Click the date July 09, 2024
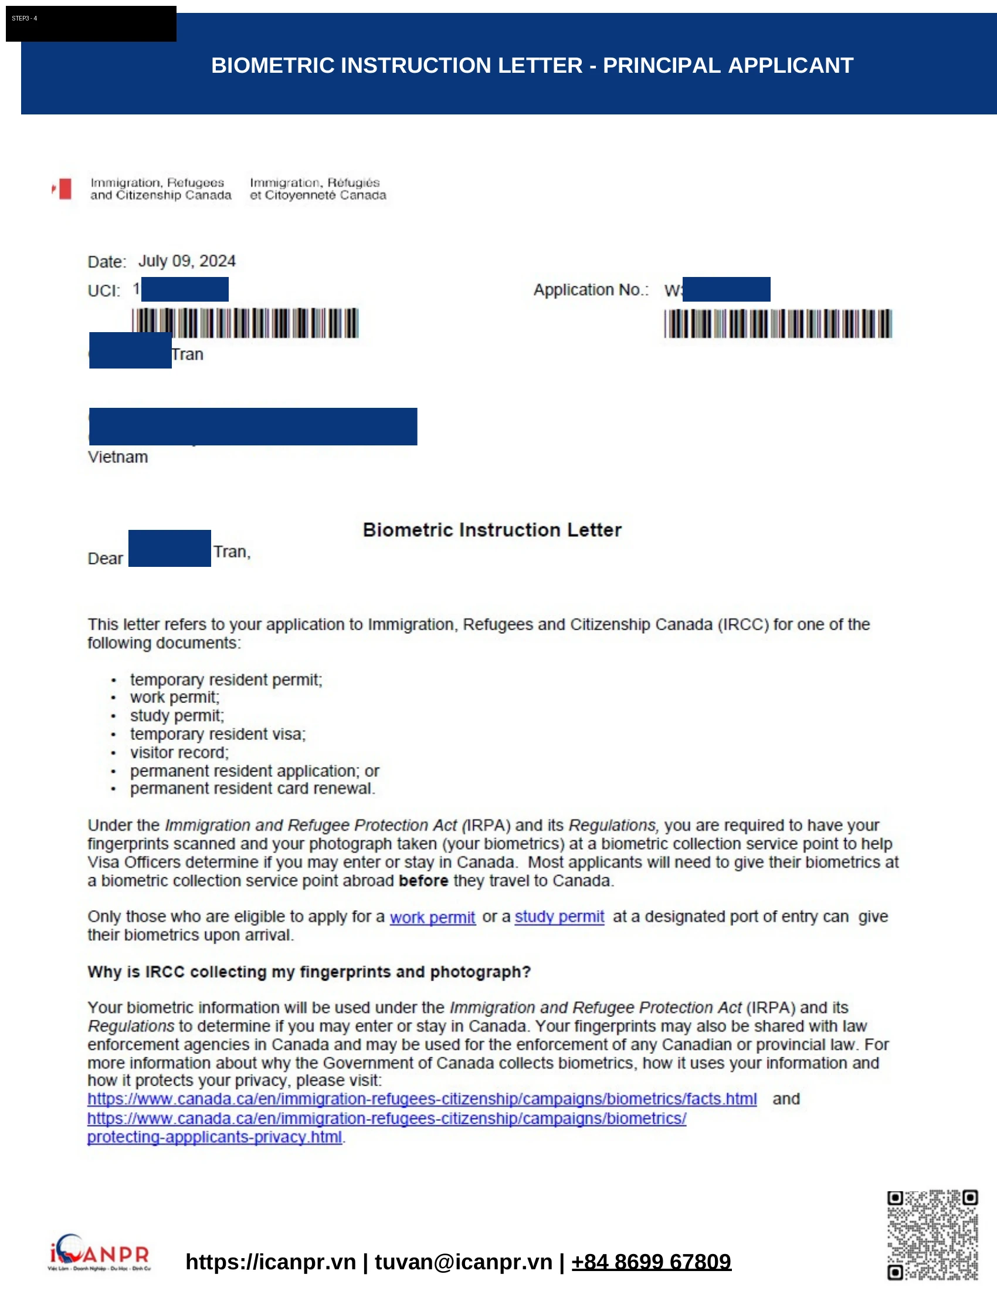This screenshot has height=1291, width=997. click(186, 261)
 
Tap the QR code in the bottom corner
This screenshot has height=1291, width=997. click(932, 1234)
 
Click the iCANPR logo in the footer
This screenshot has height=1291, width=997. click(99, 1252)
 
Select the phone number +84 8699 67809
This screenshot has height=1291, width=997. click(651, 1262)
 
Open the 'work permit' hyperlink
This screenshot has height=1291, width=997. click(432, 917)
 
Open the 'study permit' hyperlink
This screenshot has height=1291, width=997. click(559, 917)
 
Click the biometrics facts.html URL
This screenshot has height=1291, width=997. click(422, 1099)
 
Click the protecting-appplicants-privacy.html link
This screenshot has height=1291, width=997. click(215, 1137)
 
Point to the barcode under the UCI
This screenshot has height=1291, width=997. click(245, 323)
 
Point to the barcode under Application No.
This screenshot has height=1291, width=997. click(778, 324)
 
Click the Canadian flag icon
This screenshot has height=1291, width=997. click(62, 189)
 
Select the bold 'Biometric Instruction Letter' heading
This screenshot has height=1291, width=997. click(492, 530)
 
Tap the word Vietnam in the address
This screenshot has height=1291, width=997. click(117, 457)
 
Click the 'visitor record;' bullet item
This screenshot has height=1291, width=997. click(179, 752)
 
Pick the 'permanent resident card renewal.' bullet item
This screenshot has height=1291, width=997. click(252, 789)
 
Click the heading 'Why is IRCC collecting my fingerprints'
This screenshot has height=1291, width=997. click(309, 972)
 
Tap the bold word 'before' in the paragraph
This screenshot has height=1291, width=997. click(423, 881)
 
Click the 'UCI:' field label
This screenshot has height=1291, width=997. click(104, 291)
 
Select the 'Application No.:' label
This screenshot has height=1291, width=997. click(591, 290)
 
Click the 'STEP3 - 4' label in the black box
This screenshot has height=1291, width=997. click(25, 19)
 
